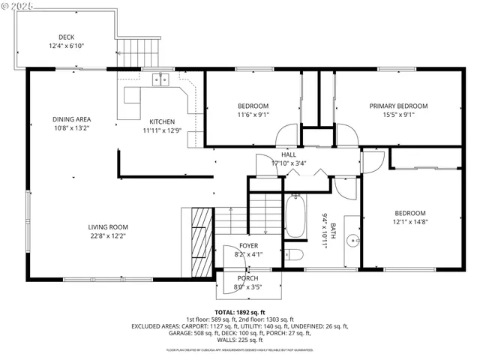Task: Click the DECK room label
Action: (x=66, y=37)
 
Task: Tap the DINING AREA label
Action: (x=72, y=119)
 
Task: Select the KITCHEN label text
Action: (x=162, y=121)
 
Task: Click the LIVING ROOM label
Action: (x=108, y=227)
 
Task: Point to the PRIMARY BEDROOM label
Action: (x=398, y=106)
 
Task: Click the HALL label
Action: (x=289, y=154)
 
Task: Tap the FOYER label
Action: (x=250, y=245)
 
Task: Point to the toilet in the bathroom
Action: (x=295, y=254)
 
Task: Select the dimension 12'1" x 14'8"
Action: (x=410, y=221)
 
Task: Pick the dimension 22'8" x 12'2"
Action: (x=108, y=236)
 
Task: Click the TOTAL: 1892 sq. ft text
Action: (x=240, y=312)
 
